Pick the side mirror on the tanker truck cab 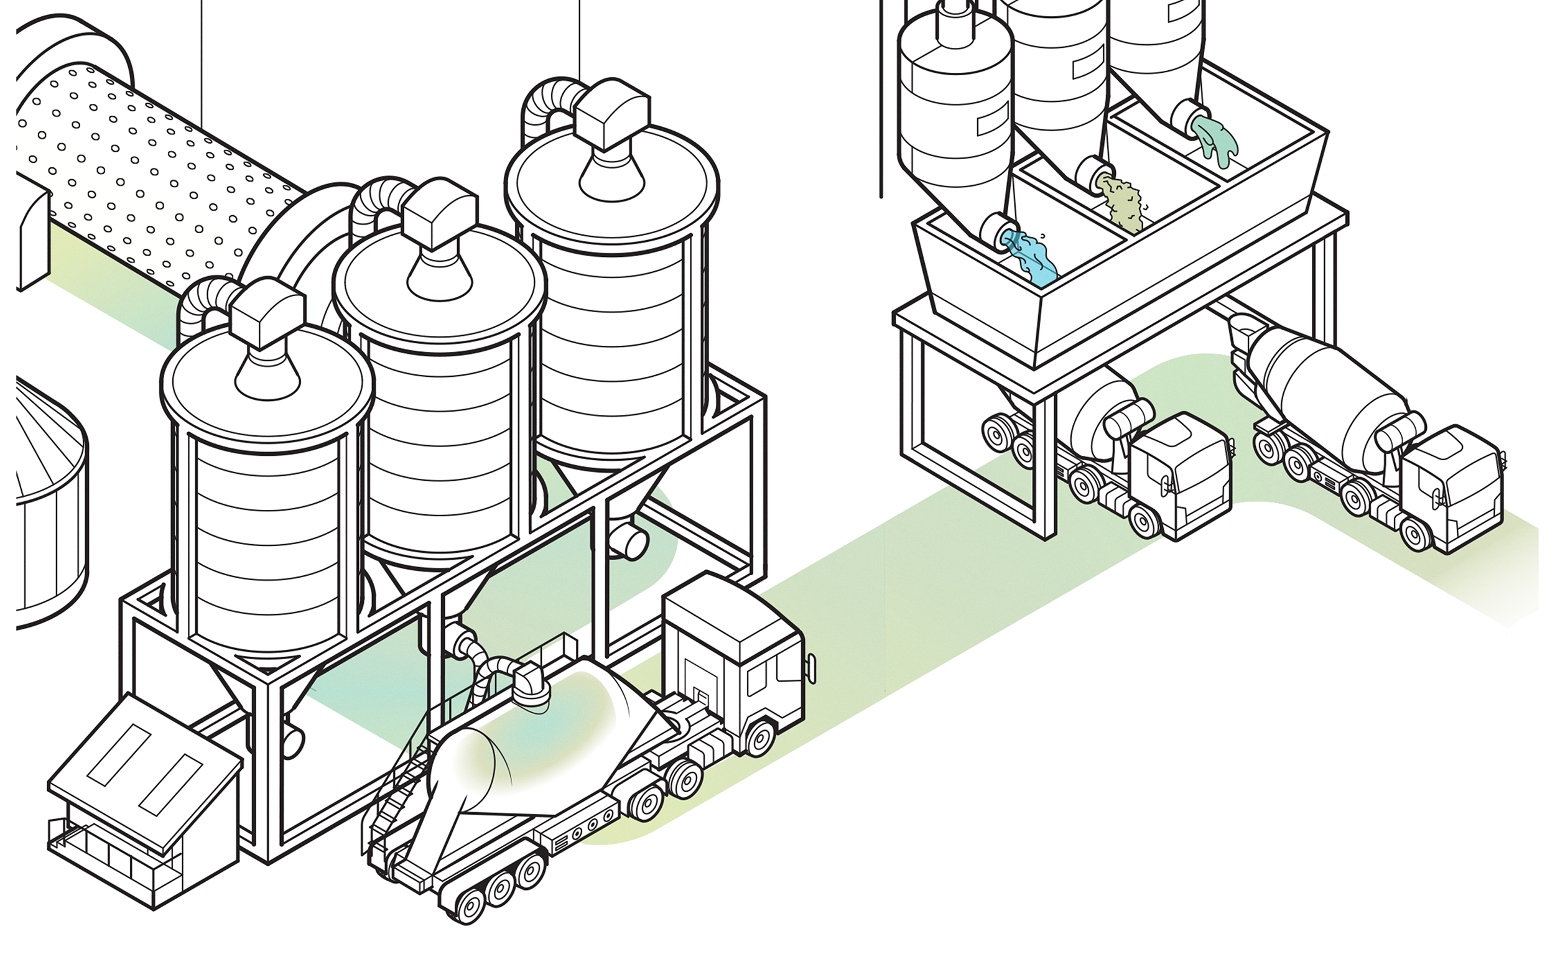pos(811,669)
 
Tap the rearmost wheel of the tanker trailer pos(470,906)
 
